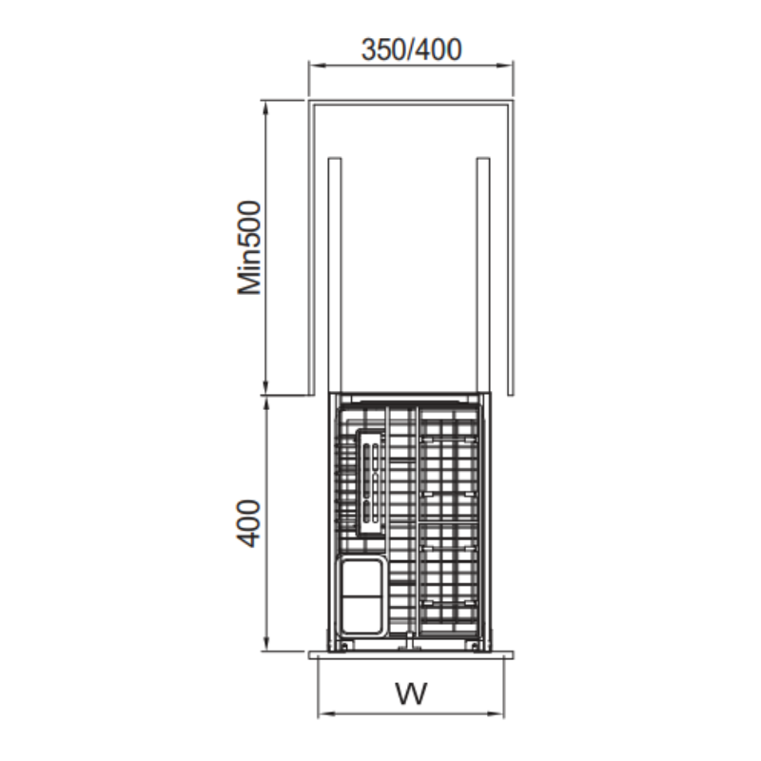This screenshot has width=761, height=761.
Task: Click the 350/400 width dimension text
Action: [412, 49]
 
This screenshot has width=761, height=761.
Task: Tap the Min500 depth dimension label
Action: [249, 247]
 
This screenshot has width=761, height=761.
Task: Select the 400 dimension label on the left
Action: [248, 523]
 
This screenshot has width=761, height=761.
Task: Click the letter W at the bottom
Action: [412, 693]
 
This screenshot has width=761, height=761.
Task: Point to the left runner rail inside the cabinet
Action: [335, 275]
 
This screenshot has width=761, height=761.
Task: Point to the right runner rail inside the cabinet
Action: [483, 275]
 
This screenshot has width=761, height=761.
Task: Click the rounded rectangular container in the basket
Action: [363, 596]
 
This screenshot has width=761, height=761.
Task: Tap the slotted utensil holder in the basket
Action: [371, 482]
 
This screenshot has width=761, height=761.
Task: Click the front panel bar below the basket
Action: [412, 655]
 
